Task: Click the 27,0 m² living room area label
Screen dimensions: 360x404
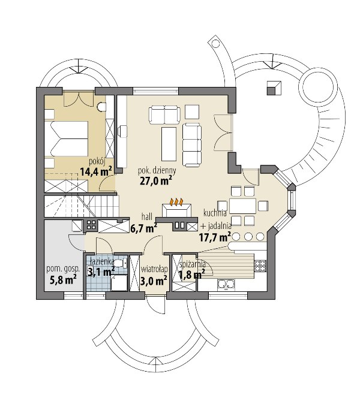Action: click(156, 181)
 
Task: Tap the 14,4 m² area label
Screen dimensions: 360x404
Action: click(96, 171)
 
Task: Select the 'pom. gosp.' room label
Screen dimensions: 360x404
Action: click(63, 269)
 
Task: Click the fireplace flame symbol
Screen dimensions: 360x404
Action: click(176, 201)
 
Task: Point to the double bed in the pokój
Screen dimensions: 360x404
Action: click(67, 139)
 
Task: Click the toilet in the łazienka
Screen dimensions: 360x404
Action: click(119, 263)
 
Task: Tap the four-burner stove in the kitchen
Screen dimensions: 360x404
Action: click(260, 266)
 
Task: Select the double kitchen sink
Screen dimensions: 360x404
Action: click(226, 284)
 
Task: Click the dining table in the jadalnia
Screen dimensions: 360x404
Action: click(242, 206)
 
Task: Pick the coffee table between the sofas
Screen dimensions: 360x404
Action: click(169, 143)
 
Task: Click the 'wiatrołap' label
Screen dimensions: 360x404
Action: click(154, 269)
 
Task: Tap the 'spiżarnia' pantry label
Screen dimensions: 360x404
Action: click(192, 264)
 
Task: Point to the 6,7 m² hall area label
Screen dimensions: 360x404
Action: click(144, 228)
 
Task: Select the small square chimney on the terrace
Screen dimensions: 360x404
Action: click(274, 88)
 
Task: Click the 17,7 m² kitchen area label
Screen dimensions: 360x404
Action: click(215, 237)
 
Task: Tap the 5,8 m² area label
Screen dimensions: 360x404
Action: click(63, 279)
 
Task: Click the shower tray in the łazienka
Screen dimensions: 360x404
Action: click(119, 283)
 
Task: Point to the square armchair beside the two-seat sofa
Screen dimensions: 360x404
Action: click(192, 112)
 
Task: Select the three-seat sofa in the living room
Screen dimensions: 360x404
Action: click(192, 145)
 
